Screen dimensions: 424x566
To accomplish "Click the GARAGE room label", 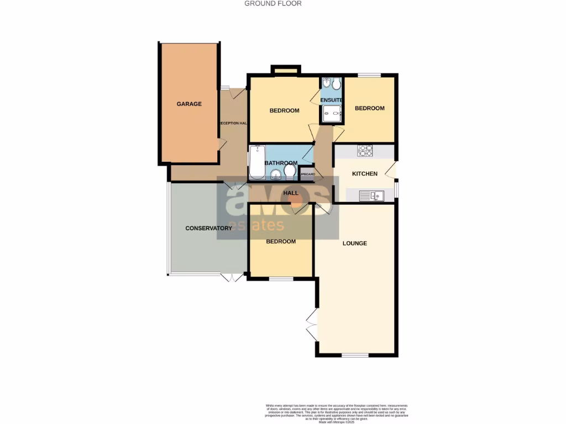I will coord(189,104).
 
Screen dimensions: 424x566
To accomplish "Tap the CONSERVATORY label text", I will coord(208,228).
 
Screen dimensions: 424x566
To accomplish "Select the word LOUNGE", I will coord(355,243).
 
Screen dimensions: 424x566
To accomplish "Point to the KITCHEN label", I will coord(365,174).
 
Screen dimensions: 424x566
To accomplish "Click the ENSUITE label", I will coord(332,100).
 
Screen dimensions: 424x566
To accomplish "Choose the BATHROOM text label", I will coord(281,163).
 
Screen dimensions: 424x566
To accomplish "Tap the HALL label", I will coord(291,193).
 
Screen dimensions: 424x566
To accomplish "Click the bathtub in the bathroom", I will coord(256,162).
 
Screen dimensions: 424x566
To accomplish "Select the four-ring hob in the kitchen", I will coord(365,150).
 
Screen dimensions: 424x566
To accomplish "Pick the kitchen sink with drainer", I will coord(371,195).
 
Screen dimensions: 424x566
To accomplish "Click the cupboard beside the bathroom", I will coord(307,174).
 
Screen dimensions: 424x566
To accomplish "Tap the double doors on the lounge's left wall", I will coord(311,323).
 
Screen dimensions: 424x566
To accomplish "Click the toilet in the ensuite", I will coord(337,84).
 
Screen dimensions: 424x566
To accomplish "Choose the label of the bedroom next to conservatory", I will coord(281,241).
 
